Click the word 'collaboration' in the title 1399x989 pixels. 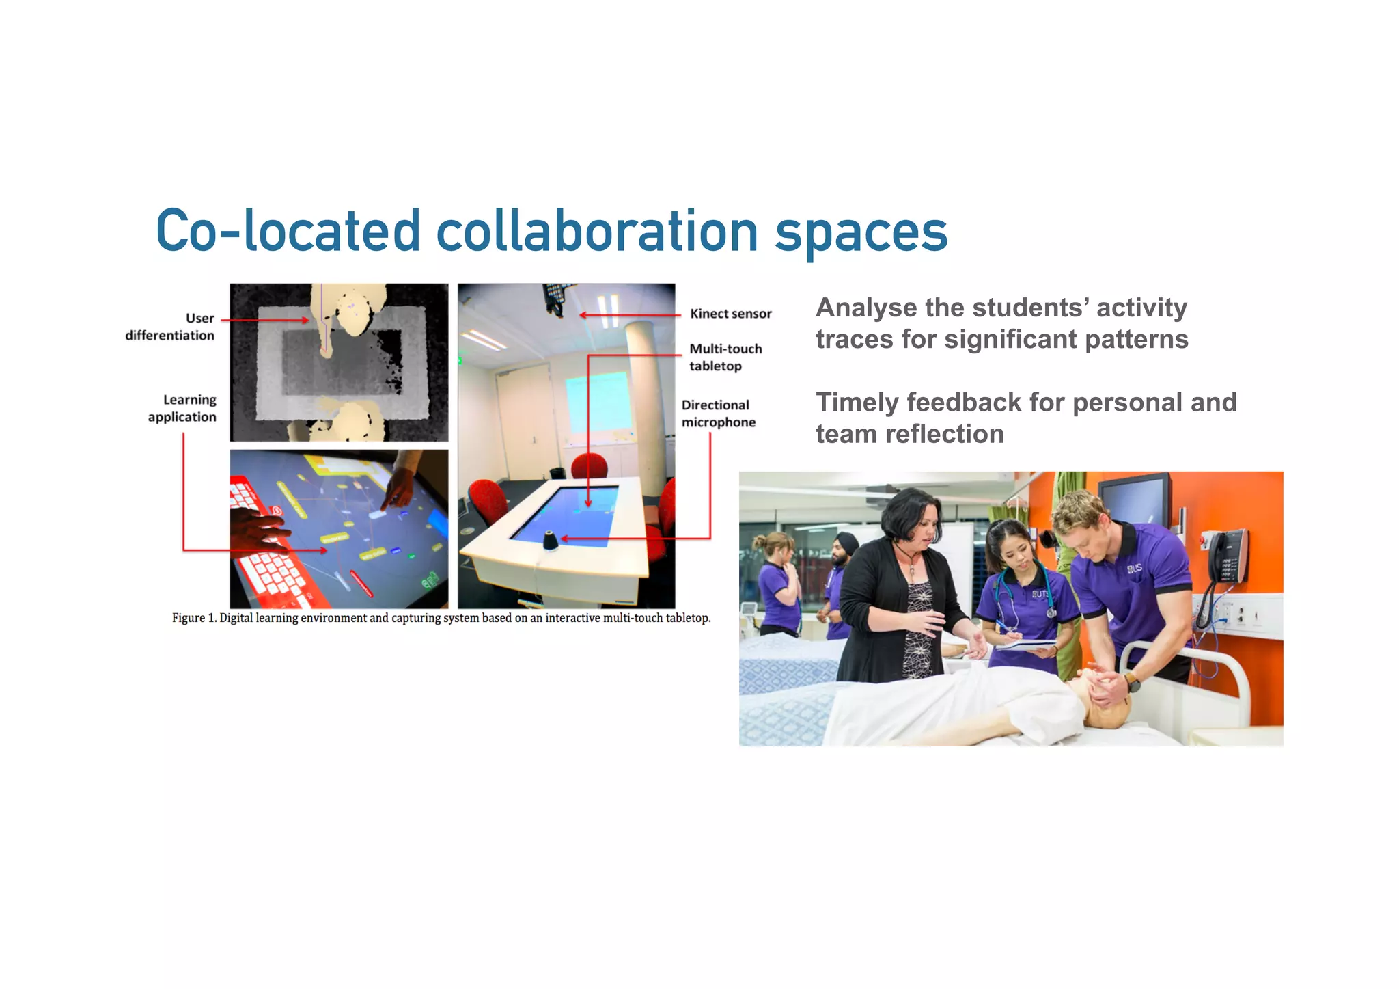tap(596, 231)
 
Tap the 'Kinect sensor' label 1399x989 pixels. tap(730, 314)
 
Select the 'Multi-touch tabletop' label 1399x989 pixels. tap(725, 357)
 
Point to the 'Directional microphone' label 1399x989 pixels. tap(718, 414)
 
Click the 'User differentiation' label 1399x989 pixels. tap(171, 327)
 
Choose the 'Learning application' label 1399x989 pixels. tap(182, 408)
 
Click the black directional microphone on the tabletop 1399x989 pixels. tap(550, 541)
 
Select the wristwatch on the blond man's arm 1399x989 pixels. tap(1132, 682)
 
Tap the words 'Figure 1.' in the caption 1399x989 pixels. tap(193, 618)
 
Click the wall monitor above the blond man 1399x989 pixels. tap(1134, 502)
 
